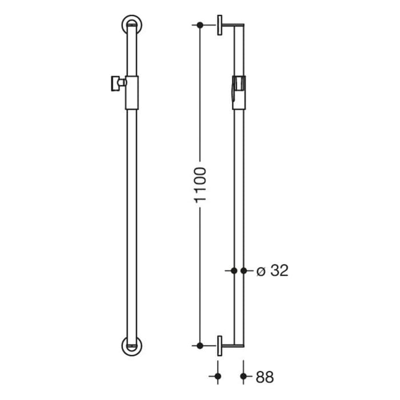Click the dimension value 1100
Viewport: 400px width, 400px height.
(199, 185)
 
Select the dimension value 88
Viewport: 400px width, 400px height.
(265, 377)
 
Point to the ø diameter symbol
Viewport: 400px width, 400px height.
(260, 271)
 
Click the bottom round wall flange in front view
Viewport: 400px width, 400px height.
(132, 347)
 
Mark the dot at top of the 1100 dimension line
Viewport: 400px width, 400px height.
(199, 25)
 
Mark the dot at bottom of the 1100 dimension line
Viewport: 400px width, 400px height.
(199, 346)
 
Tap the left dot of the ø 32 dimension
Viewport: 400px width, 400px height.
(233, 271)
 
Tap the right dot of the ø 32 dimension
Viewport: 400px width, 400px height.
(245, 271)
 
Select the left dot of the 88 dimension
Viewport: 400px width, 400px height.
(218, 377)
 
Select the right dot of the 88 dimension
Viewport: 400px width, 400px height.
(245, 377)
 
